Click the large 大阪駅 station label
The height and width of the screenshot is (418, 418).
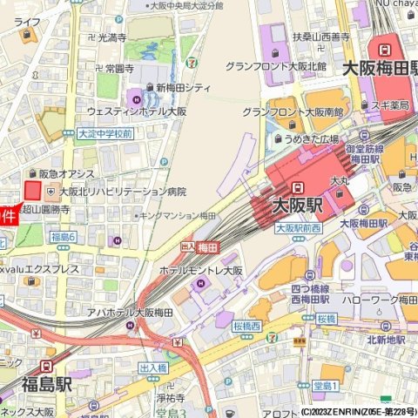pos(297,206)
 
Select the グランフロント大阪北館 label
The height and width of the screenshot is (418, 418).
pos(275,66)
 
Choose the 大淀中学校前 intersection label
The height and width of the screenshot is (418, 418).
pos(104,134)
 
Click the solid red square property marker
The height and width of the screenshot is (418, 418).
pos(33,191)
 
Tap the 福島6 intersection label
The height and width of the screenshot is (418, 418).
pos(64,237)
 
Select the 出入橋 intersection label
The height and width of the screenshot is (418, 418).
pos(153,368)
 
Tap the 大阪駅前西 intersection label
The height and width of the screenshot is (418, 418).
pos(298,228)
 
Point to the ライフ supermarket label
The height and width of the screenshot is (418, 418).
pos(27,21)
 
